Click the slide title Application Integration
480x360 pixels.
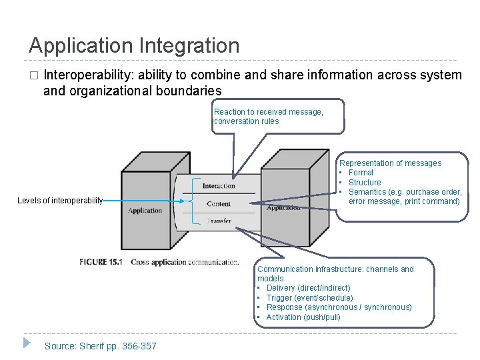click(134, 46)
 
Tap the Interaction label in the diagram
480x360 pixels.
click(219, 186)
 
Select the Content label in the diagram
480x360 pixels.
click(219, 203)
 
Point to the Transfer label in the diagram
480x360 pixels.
click(219, 221)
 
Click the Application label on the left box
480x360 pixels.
click(145, 211)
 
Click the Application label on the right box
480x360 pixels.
click(283, 208)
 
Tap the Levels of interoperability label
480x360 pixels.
click(60, 201)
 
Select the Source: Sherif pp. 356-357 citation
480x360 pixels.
click(100, 345)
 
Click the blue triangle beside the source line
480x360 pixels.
click(26, 343)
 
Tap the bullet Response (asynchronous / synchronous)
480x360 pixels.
click(339, 307)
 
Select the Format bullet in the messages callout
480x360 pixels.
click(361, 173)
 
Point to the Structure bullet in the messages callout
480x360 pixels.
click(365, 182)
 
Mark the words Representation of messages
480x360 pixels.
click(390, 163)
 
